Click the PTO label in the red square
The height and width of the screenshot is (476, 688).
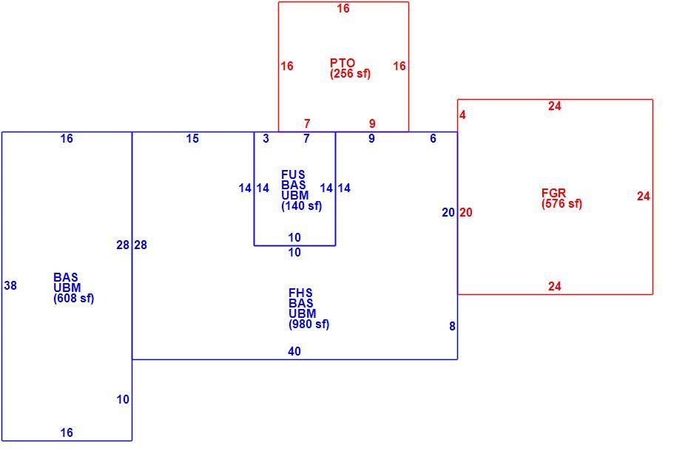343,63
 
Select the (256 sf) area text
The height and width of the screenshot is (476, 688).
350,74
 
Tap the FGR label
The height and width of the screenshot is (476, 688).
554,193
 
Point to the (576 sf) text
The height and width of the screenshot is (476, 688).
561,204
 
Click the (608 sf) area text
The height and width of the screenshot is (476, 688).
74,299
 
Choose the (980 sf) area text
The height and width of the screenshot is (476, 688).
309,324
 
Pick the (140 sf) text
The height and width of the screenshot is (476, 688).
301,206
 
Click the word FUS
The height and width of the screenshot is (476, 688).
293,174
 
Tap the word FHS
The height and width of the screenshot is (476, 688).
300,293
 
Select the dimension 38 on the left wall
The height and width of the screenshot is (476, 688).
10,286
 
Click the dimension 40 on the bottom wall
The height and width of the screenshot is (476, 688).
294,352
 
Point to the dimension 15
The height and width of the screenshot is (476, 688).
192,139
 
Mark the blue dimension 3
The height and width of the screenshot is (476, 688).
266,139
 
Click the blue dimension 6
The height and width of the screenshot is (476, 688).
433,139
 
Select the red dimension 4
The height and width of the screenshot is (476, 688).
462,115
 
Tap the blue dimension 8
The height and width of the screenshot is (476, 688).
452,327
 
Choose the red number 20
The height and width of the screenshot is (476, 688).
466,213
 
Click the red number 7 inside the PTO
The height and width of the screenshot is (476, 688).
307,124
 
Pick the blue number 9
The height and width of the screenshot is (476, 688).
371,139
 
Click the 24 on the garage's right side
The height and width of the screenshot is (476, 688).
644,197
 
